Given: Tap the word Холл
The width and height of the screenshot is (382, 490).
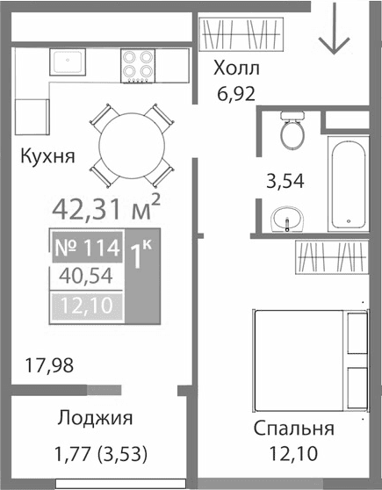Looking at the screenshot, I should coord(238,69).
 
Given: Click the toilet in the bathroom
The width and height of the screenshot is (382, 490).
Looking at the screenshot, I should coord(290,132).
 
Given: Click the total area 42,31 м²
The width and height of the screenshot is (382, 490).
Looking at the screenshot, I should coord(106,209).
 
